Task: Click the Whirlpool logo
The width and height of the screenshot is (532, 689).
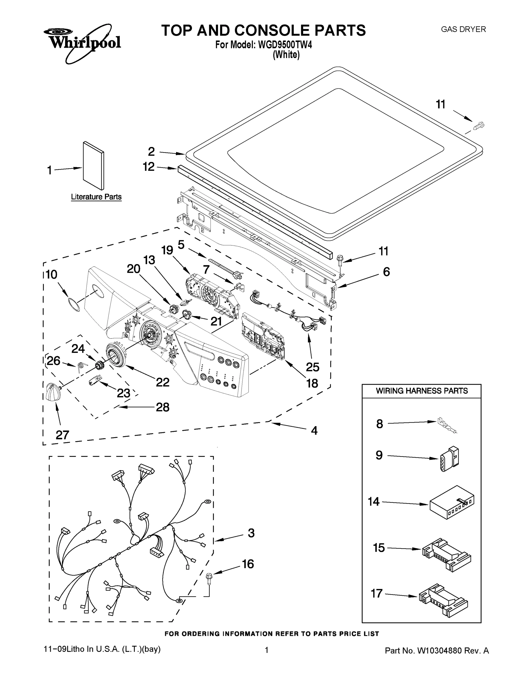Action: pyautogui.click(x=82, y=42)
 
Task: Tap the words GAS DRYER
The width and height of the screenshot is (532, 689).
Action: pyautogui.click(x=463, y=29)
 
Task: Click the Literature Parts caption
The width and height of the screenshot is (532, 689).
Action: pyautogui.click(x=96, y=197)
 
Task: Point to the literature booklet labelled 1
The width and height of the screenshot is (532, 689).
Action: pyautogui.click(x=93, y=165)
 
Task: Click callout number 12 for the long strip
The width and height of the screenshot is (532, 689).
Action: pyautogui.click(x=149, y=167)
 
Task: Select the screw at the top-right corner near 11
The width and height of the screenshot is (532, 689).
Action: pyautogui.click(x=479, y=125)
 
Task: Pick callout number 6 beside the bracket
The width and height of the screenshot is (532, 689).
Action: pyautogui.click(x=386, y=272)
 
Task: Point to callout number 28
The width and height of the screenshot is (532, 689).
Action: pyautogui.click(x=163, y=407)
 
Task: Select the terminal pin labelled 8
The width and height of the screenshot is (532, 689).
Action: pyautogui.click(x=447, y=426)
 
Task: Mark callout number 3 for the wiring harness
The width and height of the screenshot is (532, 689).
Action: pyautogui.click(x=251, y=533)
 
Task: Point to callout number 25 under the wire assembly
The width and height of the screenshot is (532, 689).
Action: pyautogui.click(x=312, y=367)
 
